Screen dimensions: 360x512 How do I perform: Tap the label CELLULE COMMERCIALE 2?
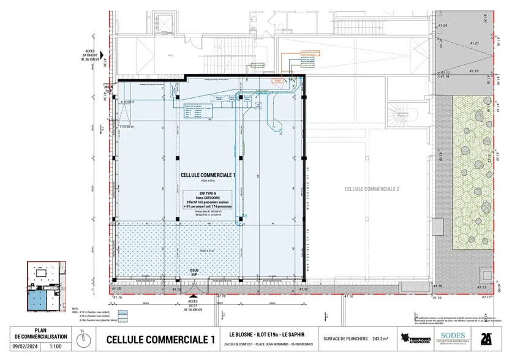click(x=372, y=189)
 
